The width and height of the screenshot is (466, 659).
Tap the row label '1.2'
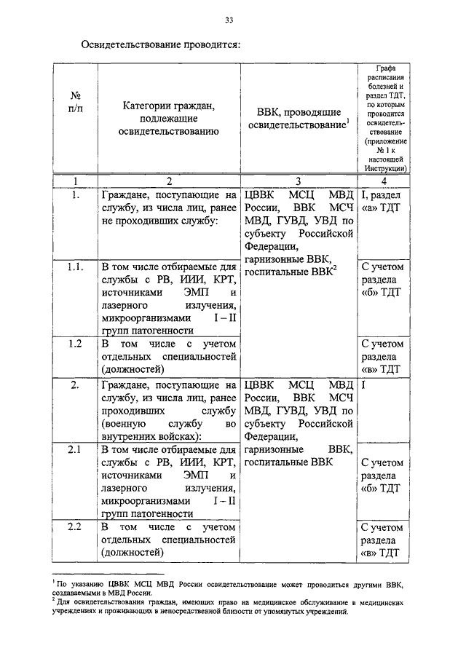tap(75, 344)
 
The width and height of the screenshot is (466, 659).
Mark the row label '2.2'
tap(75, 526)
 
